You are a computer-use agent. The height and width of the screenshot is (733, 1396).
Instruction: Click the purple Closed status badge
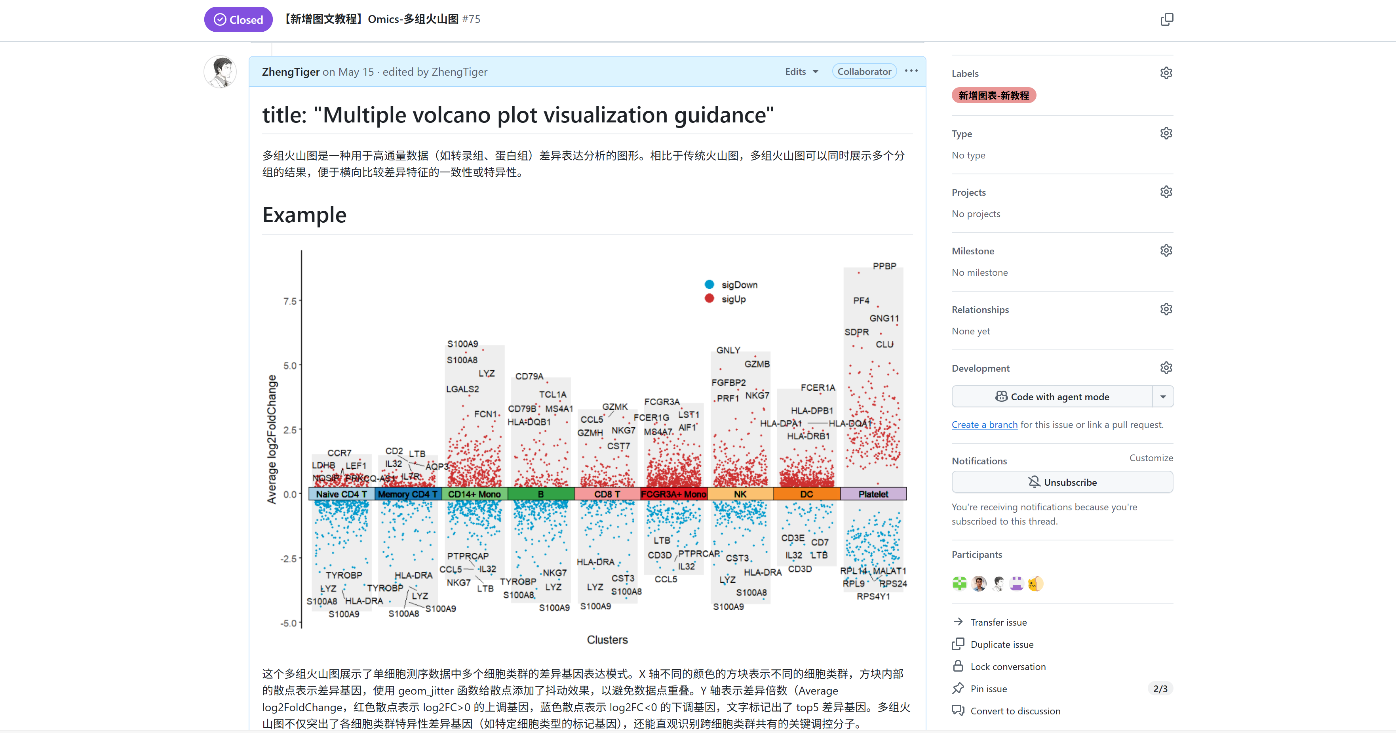[238, 19]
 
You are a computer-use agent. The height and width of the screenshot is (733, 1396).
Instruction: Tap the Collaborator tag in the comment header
[864, 72]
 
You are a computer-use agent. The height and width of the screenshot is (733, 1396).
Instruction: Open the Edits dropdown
[801, 72]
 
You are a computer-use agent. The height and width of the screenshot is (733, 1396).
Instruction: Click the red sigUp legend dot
[709, 299]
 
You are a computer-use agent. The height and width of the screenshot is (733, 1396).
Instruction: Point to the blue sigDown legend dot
[709, 284]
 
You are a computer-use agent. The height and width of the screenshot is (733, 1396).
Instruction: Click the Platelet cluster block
[873, 494]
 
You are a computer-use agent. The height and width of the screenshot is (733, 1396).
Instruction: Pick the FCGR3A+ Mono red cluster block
[673, 494]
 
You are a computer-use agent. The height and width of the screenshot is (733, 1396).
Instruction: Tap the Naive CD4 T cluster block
[341, 494]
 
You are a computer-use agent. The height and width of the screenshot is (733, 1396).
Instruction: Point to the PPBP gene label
[884, 266]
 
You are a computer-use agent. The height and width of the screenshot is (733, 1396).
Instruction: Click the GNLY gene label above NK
[728, 350]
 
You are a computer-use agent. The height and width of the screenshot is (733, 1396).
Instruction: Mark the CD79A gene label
[529, 376]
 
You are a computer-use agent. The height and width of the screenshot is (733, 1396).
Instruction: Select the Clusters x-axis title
[607, 640]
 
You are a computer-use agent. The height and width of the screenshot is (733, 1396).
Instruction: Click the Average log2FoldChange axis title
[272, 439]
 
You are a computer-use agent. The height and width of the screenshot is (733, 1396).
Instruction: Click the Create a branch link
[984, 424]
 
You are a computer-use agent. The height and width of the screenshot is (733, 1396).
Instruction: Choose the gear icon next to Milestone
[1166, 250]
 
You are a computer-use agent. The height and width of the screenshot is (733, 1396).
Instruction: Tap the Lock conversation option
[1008, 666]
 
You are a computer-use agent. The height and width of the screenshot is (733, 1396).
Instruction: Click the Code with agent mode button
[1052, 396]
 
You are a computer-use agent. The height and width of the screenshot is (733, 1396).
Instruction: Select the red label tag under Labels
[993, 95]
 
